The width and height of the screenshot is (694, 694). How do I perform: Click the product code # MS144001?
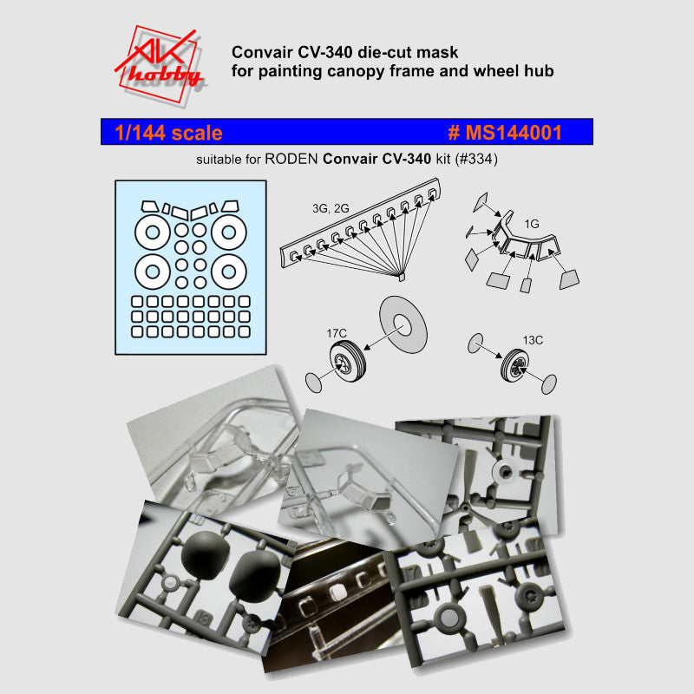coord(505,133)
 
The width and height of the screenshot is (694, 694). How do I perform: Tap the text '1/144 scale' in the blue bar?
coord(168,133)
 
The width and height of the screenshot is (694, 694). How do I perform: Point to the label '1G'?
coord(532,224)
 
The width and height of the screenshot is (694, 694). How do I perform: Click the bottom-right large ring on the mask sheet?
coord(226,272)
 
